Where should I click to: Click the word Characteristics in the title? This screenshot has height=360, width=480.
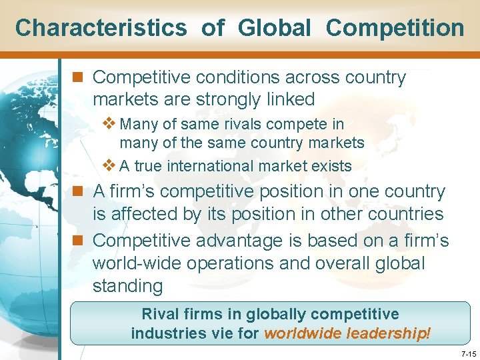101,28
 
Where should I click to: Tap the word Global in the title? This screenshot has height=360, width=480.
274,28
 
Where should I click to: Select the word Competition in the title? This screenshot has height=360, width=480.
395,28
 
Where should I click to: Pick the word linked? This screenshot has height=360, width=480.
289,100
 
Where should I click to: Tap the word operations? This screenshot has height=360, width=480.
229,263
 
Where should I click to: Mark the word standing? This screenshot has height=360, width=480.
128,287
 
